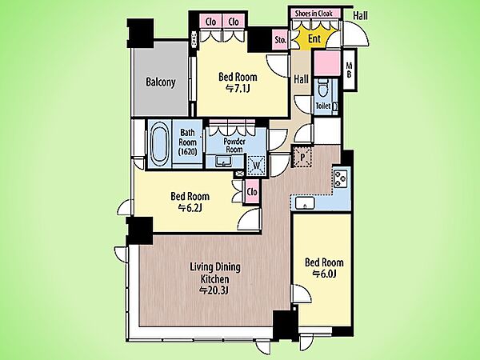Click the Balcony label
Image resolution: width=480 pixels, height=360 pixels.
click(x=161, y=82)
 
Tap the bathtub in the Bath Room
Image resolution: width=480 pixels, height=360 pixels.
click(x=159, y=143)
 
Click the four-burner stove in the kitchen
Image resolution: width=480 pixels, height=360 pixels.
click(x=341, y=178)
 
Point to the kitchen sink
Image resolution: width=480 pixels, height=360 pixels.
click(x=305, y=203)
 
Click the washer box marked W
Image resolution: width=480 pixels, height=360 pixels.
click(x=257, y=166)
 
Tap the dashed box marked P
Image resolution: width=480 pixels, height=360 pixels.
click(x=302, y=157)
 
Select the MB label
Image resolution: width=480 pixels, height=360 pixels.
click(x=349, y=70)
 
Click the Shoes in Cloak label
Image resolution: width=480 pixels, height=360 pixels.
click(x=314, y=13)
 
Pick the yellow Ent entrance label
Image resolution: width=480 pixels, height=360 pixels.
click(x=314, y=39)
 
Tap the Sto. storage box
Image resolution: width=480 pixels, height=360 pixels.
click(x=280, y=40)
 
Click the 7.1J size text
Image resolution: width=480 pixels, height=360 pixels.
click(x=238, y=89)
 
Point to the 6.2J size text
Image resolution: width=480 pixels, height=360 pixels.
click(x=190, y=208)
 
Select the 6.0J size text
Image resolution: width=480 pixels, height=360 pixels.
click(x=324, y=274)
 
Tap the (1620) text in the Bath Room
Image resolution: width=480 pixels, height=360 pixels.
click(x=187, y=151)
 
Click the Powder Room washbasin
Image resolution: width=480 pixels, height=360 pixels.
click(x=224, y=161)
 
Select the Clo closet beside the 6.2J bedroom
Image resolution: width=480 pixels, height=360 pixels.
click(x=252, y=192)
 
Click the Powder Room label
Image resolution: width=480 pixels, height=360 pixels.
click(x=234, y=146)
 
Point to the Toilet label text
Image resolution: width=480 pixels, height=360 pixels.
click(x=323, y=106)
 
